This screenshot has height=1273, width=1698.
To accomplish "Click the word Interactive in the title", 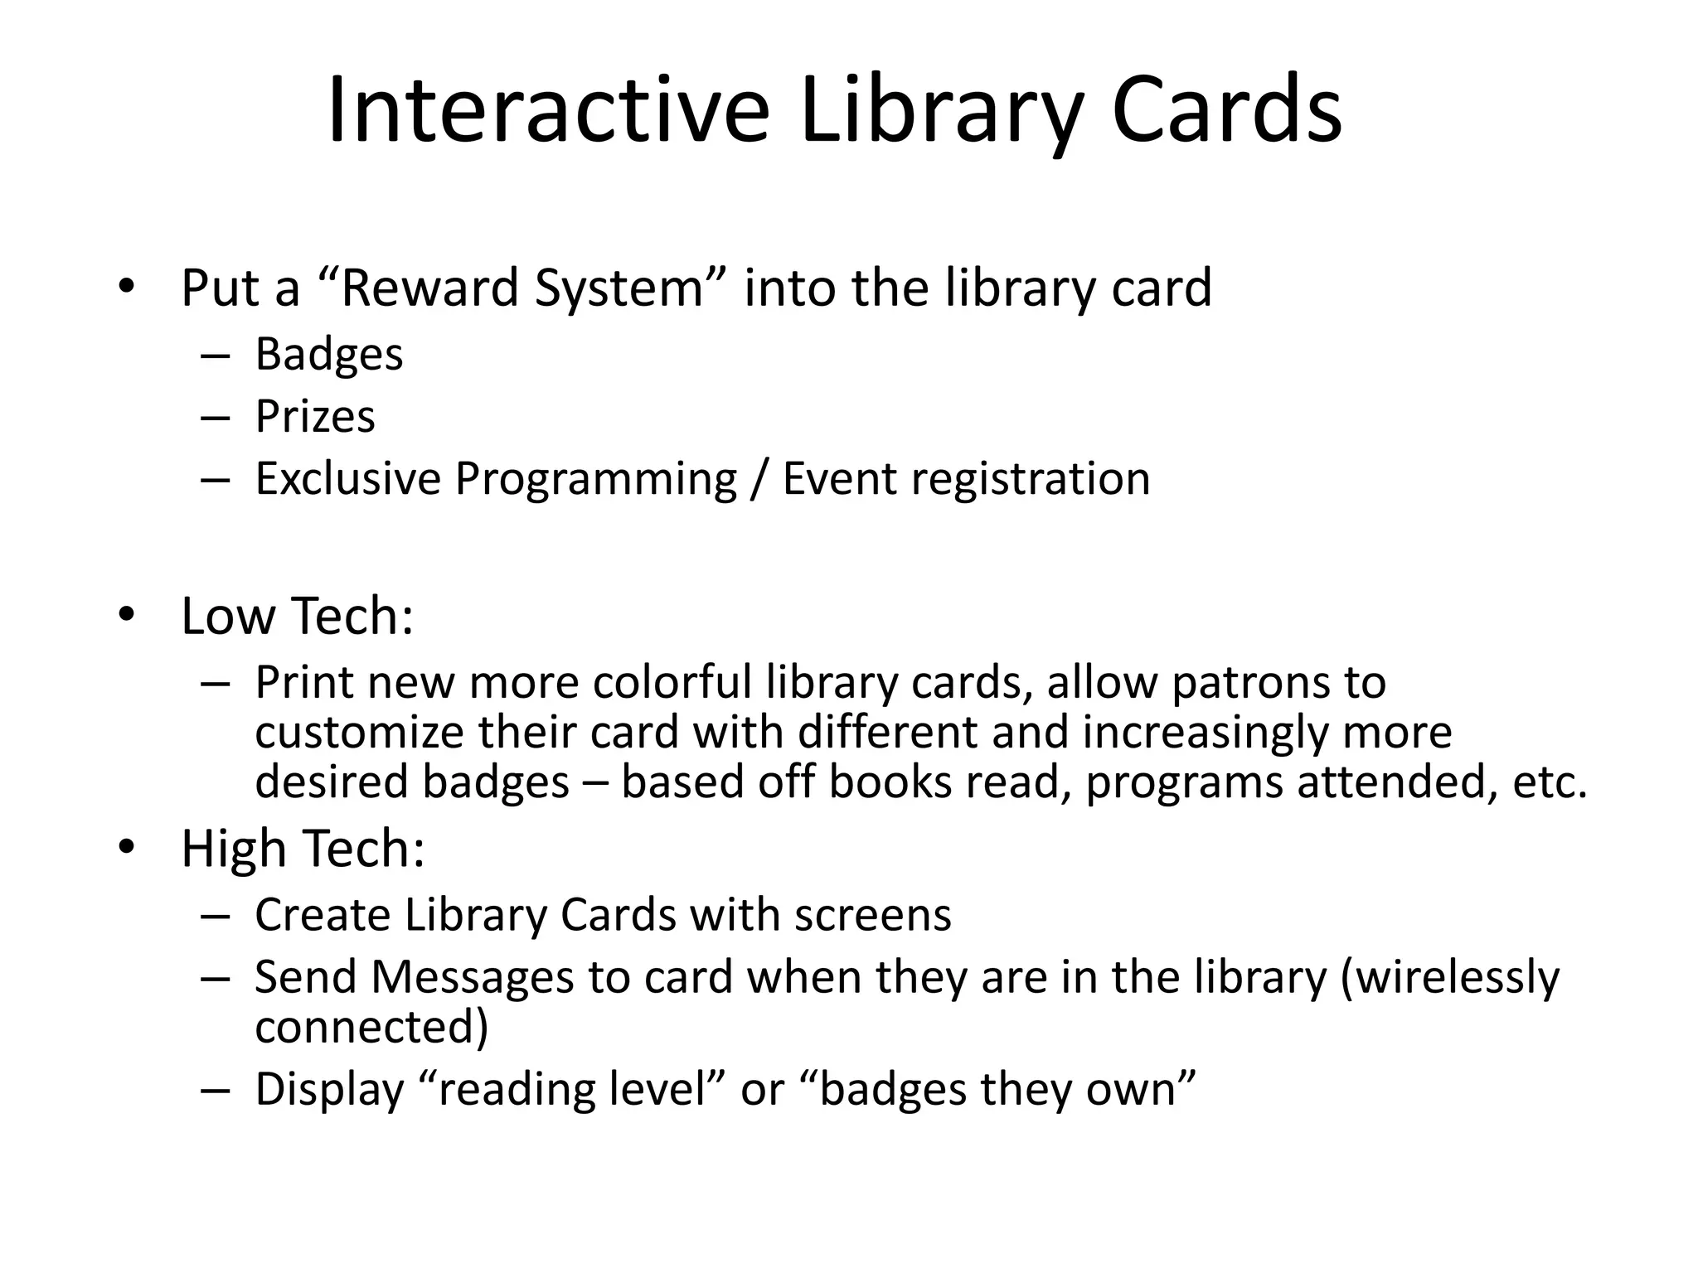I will pyautogui.click(x=548, y=111).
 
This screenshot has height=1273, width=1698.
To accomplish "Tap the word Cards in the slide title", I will pyautogui.click(x=1226, y=111).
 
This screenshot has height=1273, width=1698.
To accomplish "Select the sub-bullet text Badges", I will pyautogui.click(x=329, y=355).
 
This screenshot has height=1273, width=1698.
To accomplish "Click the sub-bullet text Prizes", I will pyautogui.click(x=315, y=417).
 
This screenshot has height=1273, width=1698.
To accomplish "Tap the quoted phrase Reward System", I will pyautogui.click(x=522, y=288).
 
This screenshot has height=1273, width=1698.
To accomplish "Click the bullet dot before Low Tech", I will pyautogui.click(x=126, y=615).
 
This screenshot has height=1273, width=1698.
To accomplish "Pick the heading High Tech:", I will pyautogui.click(x=303, y=849).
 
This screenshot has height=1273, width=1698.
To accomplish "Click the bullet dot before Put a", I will pyautogui.click(x=126, y=287).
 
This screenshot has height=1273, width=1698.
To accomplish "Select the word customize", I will pyautogui.click(x=359, y=733).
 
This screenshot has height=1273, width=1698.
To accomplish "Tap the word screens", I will pyautogui.click(x=872, y=916).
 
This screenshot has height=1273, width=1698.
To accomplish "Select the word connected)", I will pyautogui.click(x=371, y=1028).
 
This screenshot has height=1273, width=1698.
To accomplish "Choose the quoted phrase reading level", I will pyautogui.click(x=575, y=1089).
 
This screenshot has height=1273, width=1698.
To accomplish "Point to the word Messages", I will pyautogui.click(x=473, y=978).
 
